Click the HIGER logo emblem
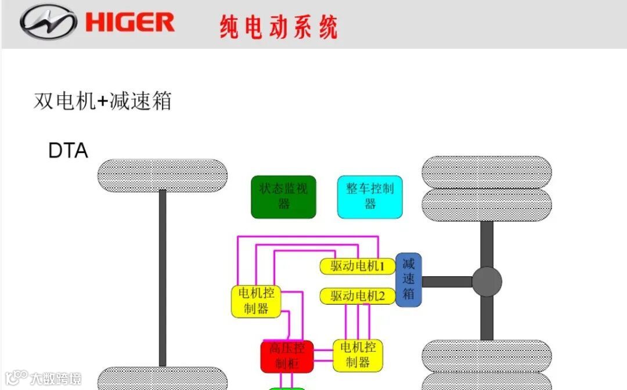coord(48,23)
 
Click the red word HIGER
coord(130,23)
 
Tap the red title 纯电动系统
coord(279,27)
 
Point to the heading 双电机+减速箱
coord(103,101)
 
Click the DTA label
coord(68,151)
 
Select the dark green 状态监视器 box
coord(283,197)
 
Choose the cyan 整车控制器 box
coord(370,197)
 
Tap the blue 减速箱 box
coord(409,279)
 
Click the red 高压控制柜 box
coord(287,356)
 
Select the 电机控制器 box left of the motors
coord(256,301)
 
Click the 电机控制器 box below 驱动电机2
coord(358,355)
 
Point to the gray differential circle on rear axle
coord(487,281)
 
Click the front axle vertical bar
coord(163,279)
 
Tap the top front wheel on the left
coord(163,175)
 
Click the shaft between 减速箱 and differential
coord(446,281)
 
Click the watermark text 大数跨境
coord(56,379)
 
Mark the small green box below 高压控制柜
coord(287,387)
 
